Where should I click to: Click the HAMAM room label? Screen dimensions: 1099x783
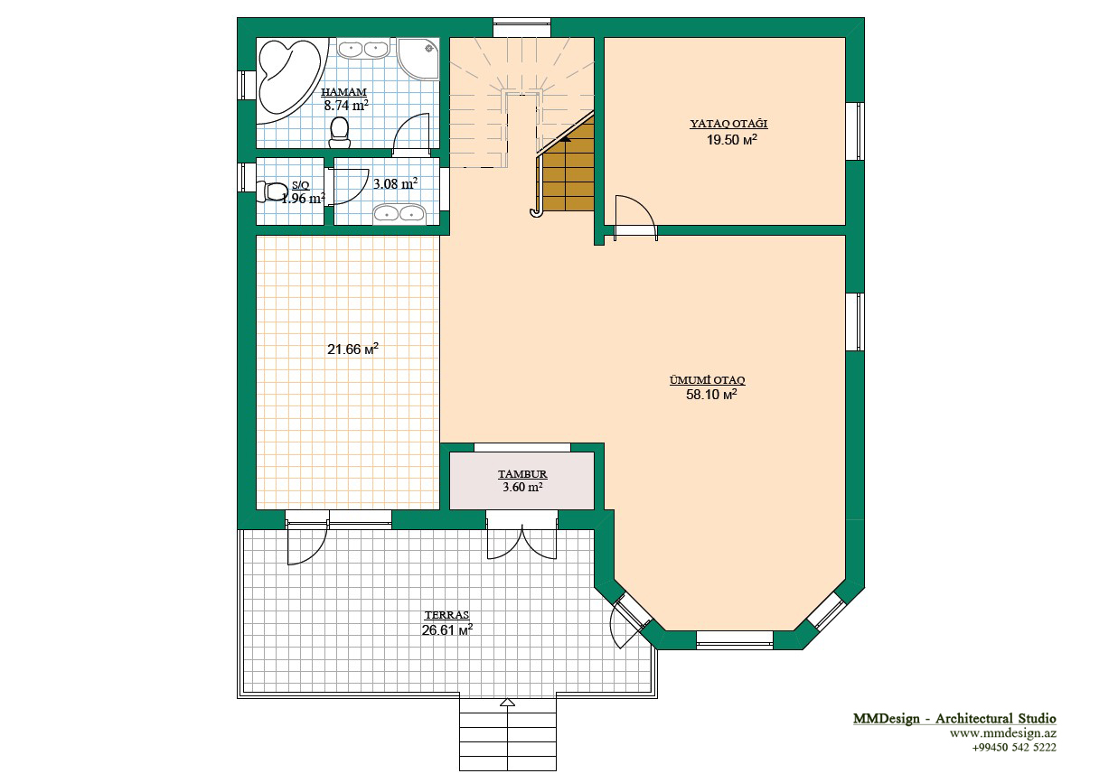343,92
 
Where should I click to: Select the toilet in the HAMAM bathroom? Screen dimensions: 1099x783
340,133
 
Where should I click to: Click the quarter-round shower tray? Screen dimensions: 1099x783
418,58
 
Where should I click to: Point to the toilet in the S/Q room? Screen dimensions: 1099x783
272,191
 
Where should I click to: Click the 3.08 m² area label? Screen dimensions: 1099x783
396,184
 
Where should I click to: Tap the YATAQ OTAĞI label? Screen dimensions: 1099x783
728,124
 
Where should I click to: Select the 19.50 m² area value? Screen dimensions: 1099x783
731,140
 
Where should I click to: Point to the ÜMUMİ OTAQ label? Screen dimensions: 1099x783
708,380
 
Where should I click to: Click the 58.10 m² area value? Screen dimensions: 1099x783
711,395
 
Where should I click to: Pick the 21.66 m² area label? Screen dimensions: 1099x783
352,350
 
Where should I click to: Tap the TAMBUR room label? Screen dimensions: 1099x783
522,474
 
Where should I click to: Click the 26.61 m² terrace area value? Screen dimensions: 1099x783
447,630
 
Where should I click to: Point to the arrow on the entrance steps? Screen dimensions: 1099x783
508,702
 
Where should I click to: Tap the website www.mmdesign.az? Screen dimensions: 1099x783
1003,733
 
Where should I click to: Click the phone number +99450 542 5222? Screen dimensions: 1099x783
1014,748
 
